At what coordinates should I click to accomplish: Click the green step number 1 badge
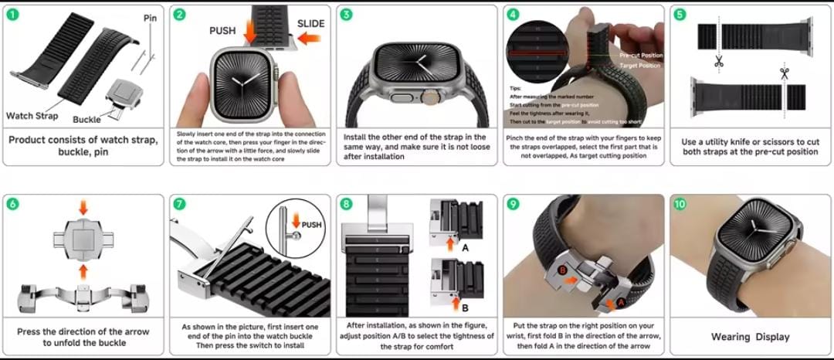pos(13,15)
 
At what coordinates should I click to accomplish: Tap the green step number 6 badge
pos(13,205)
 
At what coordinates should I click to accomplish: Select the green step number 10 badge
pos(680,205)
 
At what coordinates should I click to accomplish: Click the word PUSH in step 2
pos(224,31)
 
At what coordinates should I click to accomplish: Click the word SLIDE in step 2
pos(311,24)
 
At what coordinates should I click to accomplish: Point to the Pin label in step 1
pos(150,17)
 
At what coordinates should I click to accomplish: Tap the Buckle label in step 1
pos(87,120)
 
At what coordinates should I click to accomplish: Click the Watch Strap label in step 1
pos(32,116)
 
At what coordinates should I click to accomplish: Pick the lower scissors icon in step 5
pos(785,75)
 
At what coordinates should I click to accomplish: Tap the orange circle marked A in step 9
pos(620,302)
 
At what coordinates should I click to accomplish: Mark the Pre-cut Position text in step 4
pos(641,56)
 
